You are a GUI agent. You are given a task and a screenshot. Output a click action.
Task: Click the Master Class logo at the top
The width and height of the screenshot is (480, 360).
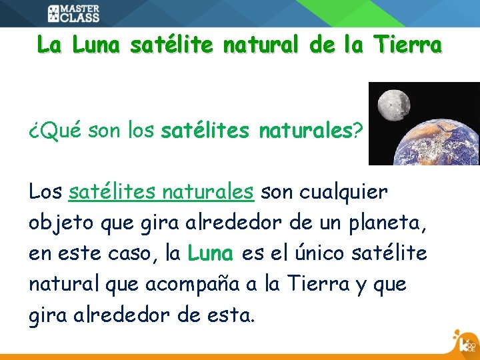coord(73,13)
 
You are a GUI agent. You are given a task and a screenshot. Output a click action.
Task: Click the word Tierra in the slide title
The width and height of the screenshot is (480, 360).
coord(407,45)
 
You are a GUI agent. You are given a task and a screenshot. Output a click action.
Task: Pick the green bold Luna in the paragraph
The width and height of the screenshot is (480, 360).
coord(211,253)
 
